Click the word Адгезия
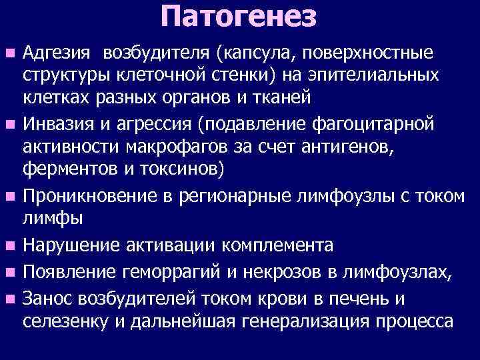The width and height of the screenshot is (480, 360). pyautogui.click(x=53, y=51)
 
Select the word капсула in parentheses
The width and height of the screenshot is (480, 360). pyautogui.click(x=244, y=51)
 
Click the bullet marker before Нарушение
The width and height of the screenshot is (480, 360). pyautogui.click(x=9, y=247)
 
